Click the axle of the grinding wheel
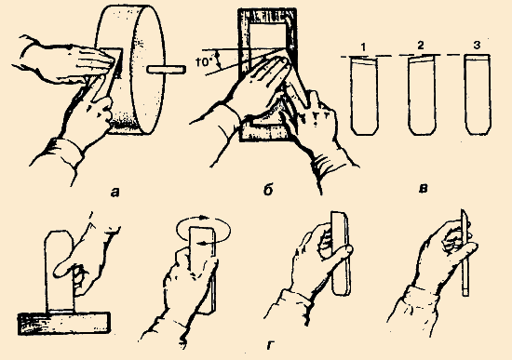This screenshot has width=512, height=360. tap(167, 69)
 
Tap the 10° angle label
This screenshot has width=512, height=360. tap(205, 62)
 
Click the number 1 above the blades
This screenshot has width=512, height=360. tap(364, 47)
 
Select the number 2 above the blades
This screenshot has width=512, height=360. tap(421, 46)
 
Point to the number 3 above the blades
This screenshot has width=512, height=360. tap(477, 45)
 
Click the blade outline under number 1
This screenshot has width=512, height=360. tap(364, 95)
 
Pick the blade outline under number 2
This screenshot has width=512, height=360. tap(422, 95)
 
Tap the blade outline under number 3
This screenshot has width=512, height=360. tap(478, 95)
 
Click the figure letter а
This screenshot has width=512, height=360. tap(115, 193)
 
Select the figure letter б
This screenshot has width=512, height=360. tap(268, 191)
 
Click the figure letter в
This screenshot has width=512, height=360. tap(424, 189)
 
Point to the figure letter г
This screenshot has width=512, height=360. tap(270, 345)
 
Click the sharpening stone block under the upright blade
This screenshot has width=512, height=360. tap(63, 323)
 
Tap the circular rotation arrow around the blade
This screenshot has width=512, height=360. tap(203, 230)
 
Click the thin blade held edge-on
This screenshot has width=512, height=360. tap(465, 253)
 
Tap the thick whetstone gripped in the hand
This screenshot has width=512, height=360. tap(341, 254)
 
